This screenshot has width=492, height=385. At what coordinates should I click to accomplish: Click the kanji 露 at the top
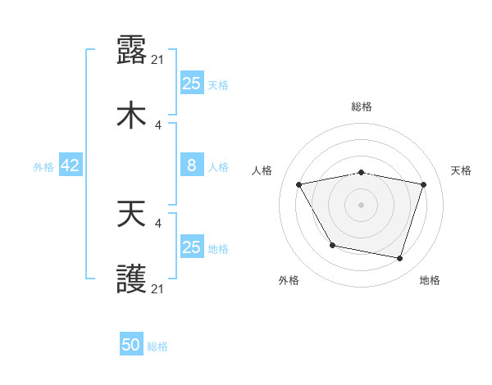[x=131, y=50]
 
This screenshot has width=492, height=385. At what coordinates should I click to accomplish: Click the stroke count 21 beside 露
[x=159, y=59]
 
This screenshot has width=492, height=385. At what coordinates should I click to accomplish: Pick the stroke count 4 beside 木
[x=158, y=125]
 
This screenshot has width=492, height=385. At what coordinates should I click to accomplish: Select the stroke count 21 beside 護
[x=159, y=288]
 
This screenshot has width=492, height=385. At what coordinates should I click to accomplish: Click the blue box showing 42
[x=71, y=165]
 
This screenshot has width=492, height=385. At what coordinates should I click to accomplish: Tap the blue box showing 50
[x=131, y=345]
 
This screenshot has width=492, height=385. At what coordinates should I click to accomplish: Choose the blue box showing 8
[x=192, y=165]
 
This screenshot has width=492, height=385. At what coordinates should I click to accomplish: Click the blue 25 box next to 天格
[x=192, y=84]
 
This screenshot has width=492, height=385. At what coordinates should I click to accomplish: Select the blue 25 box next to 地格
[x=192, y=247]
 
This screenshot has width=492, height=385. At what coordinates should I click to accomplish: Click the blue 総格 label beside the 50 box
[x=158, y=346]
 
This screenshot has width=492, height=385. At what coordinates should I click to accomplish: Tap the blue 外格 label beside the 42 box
[x=43, y=167]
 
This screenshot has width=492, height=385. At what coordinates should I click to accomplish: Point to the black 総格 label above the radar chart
[x=362, y=106]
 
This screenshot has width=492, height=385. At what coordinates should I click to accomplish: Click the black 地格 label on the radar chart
[x=430, y=280]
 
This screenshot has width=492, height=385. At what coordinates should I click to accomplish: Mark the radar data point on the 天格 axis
[x=423, y=184]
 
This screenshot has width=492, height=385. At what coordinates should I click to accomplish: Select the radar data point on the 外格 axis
[x=332, y=245]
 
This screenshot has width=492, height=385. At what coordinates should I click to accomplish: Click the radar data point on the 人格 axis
[x=299, y=184]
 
